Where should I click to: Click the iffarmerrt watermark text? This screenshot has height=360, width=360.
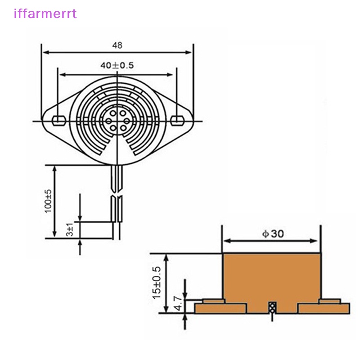(45, 13)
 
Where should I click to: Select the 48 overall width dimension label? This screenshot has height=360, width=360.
(117, 45)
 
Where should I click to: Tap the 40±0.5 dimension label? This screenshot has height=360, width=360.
(117, 66)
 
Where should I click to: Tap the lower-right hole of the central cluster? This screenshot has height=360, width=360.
(123, 128)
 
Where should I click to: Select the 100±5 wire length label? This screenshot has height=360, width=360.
(49, 201)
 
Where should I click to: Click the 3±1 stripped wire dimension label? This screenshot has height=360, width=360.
(70, 230)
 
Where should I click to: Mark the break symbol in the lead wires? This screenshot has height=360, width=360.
(117, 196)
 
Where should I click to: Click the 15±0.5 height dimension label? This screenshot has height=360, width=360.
(156, 283)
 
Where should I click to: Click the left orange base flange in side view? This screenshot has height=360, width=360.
(220, 308)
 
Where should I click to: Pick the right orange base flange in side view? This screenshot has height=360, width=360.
(324, 308)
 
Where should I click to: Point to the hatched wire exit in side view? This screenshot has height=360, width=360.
(272, 308)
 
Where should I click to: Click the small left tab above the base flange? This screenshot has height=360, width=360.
(213, 301)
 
